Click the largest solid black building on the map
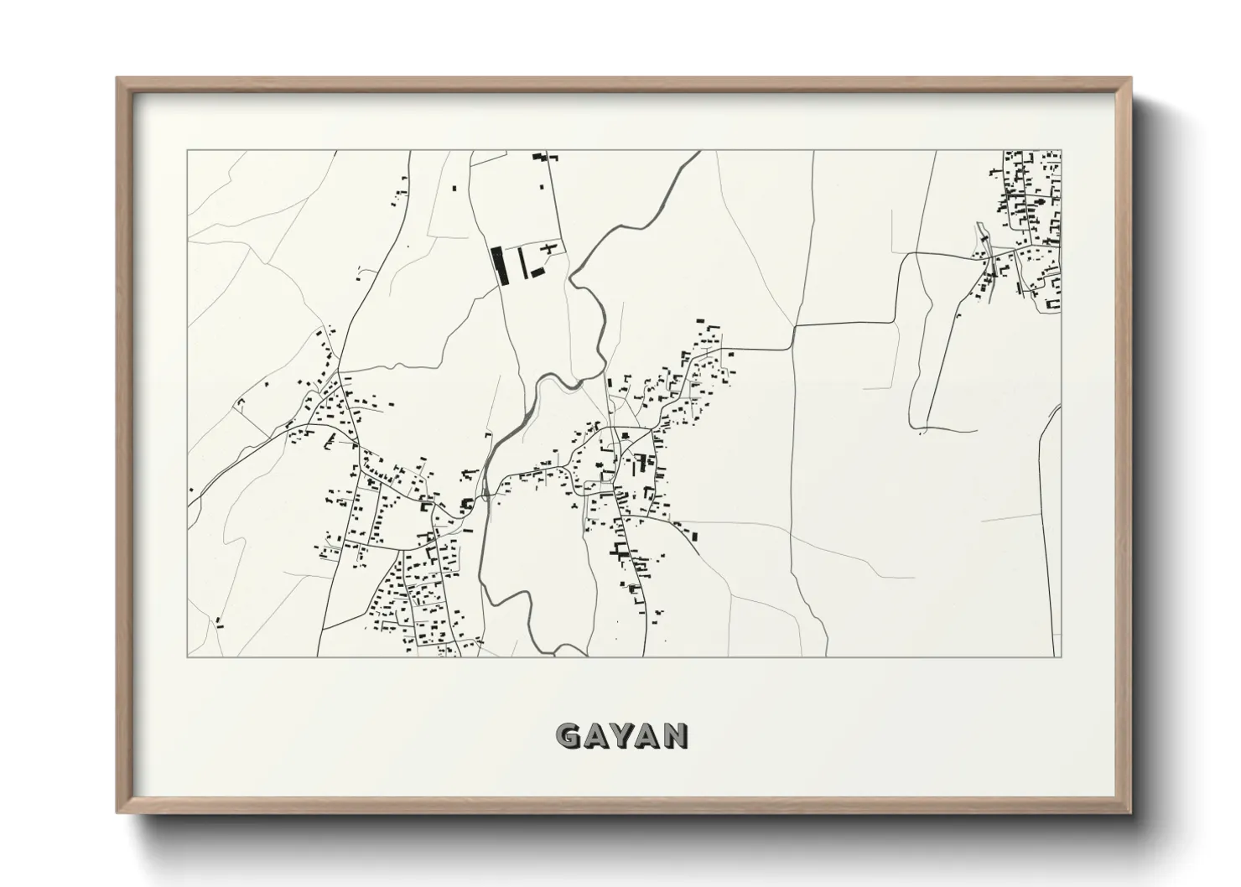[501, 265]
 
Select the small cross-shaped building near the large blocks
[550, 247]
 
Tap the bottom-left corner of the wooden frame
[118, 812]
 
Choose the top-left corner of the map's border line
[187, 151]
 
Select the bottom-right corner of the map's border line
[1061, 656]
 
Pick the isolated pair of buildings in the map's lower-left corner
[219, 621]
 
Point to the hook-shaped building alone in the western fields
[240, 404]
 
